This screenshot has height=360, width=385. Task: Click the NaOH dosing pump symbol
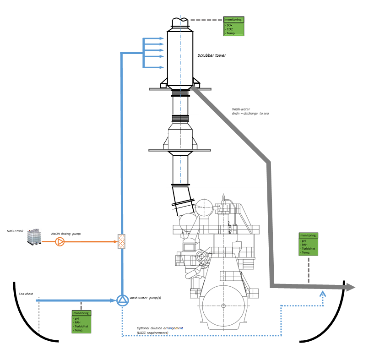pos(60,241)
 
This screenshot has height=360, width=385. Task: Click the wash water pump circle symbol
pos(122,300)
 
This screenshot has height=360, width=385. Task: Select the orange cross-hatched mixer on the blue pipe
pos(122,241)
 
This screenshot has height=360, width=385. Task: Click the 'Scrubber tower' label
pos(211,55)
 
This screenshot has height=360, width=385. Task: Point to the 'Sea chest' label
pos(26,294)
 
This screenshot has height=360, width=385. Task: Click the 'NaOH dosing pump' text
pos(66,234)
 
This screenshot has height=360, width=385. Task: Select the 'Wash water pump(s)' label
pos(145,298)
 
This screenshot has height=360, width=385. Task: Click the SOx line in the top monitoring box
pos(230,25)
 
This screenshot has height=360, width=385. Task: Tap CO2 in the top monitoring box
pos(230,29)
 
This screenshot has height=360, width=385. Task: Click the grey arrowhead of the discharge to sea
pos(351,287)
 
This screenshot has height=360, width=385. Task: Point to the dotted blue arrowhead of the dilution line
pos(323,294)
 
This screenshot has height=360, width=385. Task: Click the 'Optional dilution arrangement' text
pos(160,328)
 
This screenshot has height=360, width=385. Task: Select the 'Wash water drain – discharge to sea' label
pos(250,111)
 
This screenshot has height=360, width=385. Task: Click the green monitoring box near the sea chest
pos(81,322)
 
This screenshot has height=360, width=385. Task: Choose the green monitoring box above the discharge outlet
pos(308,244)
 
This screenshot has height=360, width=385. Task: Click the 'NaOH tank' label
pos(15,231)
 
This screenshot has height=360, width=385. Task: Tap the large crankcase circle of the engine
pos(223,305)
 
